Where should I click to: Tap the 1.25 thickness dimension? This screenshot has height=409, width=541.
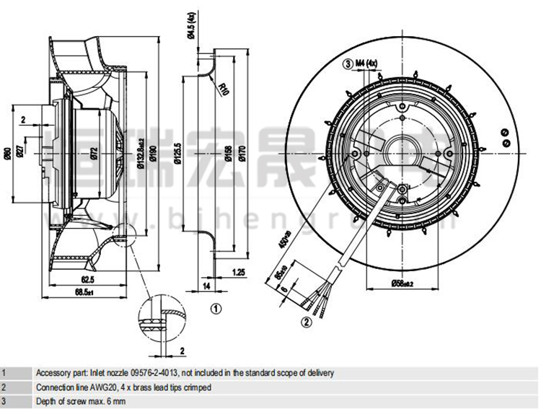(239, 272)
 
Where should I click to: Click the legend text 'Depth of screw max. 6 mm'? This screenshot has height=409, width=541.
(81, 401)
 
